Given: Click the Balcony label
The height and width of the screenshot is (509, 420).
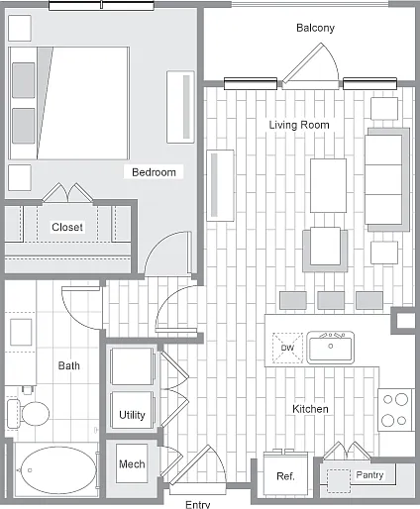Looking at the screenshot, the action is click(x=315, y=28).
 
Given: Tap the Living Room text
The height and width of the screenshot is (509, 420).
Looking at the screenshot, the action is click(x=299, y=125).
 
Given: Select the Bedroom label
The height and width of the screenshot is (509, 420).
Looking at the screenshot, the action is click(x=154, y=172).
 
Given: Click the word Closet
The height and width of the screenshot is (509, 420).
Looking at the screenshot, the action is click(x=67, y=227).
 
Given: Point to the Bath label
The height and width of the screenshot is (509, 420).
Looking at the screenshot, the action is click(x=69, y=365).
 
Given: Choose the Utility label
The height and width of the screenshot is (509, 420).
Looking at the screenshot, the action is click(x=132, y=415).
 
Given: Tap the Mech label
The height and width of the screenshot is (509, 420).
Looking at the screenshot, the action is click(x=132, y=464).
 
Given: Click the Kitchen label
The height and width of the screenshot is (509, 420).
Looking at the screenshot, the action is click(x=310, y=409).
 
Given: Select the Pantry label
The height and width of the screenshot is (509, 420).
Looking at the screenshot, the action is click(x=369, y=475).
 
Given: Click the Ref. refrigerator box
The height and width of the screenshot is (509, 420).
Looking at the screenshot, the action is click(x=285, y=473).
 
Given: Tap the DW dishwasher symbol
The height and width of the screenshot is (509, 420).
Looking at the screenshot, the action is click(x=287, y=348).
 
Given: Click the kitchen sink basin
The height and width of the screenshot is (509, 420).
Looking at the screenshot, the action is click(x=331, y=348).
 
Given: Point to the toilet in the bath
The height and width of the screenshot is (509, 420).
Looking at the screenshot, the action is click(x=29, y=413).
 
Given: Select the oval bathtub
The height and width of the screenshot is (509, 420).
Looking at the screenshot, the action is click(x=58, y=470).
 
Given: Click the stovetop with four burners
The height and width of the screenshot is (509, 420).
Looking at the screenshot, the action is click(x=395, y=410).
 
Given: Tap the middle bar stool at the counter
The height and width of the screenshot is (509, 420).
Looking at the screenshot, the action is click(x=331, y=300).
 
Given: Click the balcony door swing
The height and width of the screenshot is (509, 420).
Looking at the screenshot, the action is click(x=311, y=66).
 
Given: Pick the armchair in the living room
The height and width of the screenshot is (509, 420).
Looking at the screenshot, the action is click(x=325, y=249).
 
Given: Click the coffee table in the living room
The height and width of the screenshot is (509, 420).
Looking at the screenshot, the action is click(x=328, y=185).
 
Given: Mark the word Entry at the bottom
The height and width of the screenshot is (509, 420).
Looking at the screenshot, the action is click(x=198, y=504).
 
